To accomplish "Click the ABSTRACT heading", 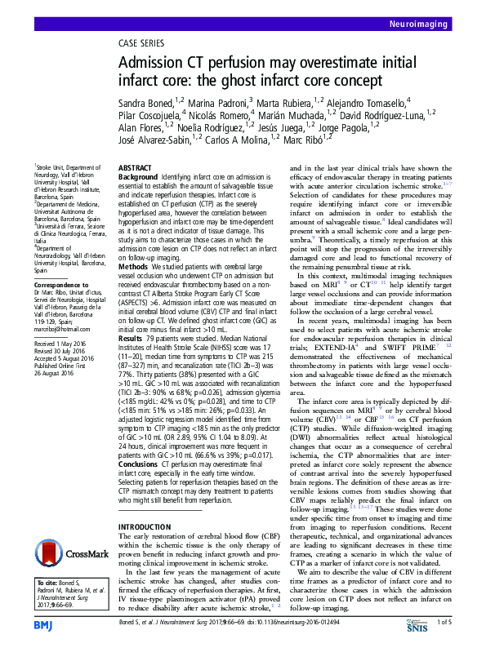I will [136, 166].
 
